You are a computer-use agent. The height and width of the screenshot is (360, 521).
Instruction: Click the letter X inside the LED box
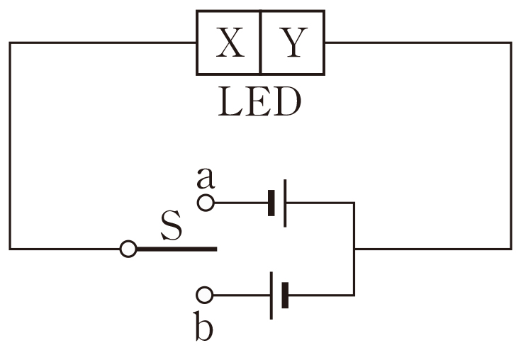pyautogui.click(x=229, y=44)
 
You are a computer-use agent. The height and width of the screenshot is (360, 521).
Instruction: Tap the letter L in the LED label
pyautogui.click(x=228, y=103)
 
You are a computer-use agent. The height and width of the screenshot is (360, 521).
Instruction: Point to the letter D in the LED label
pyautogui.click(x=287, y=103)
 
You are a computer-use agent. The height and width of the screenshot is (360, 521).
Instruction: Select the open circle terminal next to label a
pyautogui.click(x=205, y=203)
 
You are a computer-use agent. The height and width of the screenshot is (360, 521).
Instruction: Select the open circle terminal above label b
pyautogui.click(x=205, y=294)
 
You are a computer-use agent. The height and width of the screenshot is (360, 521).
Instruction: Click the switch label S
pyautogui.click(x=171, y=227)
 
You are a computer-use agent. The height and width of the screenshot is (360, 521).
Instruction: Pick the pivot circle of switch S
pyautogui.click(x=128, y=249)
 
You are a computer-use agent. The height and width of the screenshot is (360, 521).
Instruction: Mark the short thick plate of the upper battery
pyautogui.click(x=271, y=203)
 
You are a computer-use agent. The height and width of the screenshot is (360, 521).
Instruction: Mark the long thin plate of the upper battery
pyautogui.click(x=285, y=203)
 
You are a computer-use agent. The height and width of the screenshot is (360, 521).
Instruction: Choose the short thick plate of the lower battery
pyautogui.click(x=285, y=295)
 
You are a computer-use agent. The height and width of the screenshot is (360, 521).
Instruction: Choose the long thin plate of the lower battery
pyautogui.click(x=271, y=295)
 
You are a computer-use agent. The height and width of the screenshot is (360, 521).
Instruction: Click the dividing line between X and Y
pyautogui.click(x=260, y=43)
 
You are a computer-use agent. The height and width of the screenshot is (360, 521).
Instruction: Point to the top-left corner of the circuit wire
pyautogui.click(x=10, y=43)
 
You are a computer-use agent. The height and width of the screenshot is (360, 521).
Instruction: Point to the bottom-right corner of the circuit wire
pyautogui.click(x=510, y=249)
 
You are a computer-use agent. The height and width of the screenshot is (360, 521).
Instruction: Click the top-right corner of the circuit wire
pyautogui.click(x=510, y=43)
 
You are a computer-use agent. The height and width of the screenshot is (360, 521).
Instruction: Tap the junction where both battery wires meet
pyautogui.click(x=353, y=249)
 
